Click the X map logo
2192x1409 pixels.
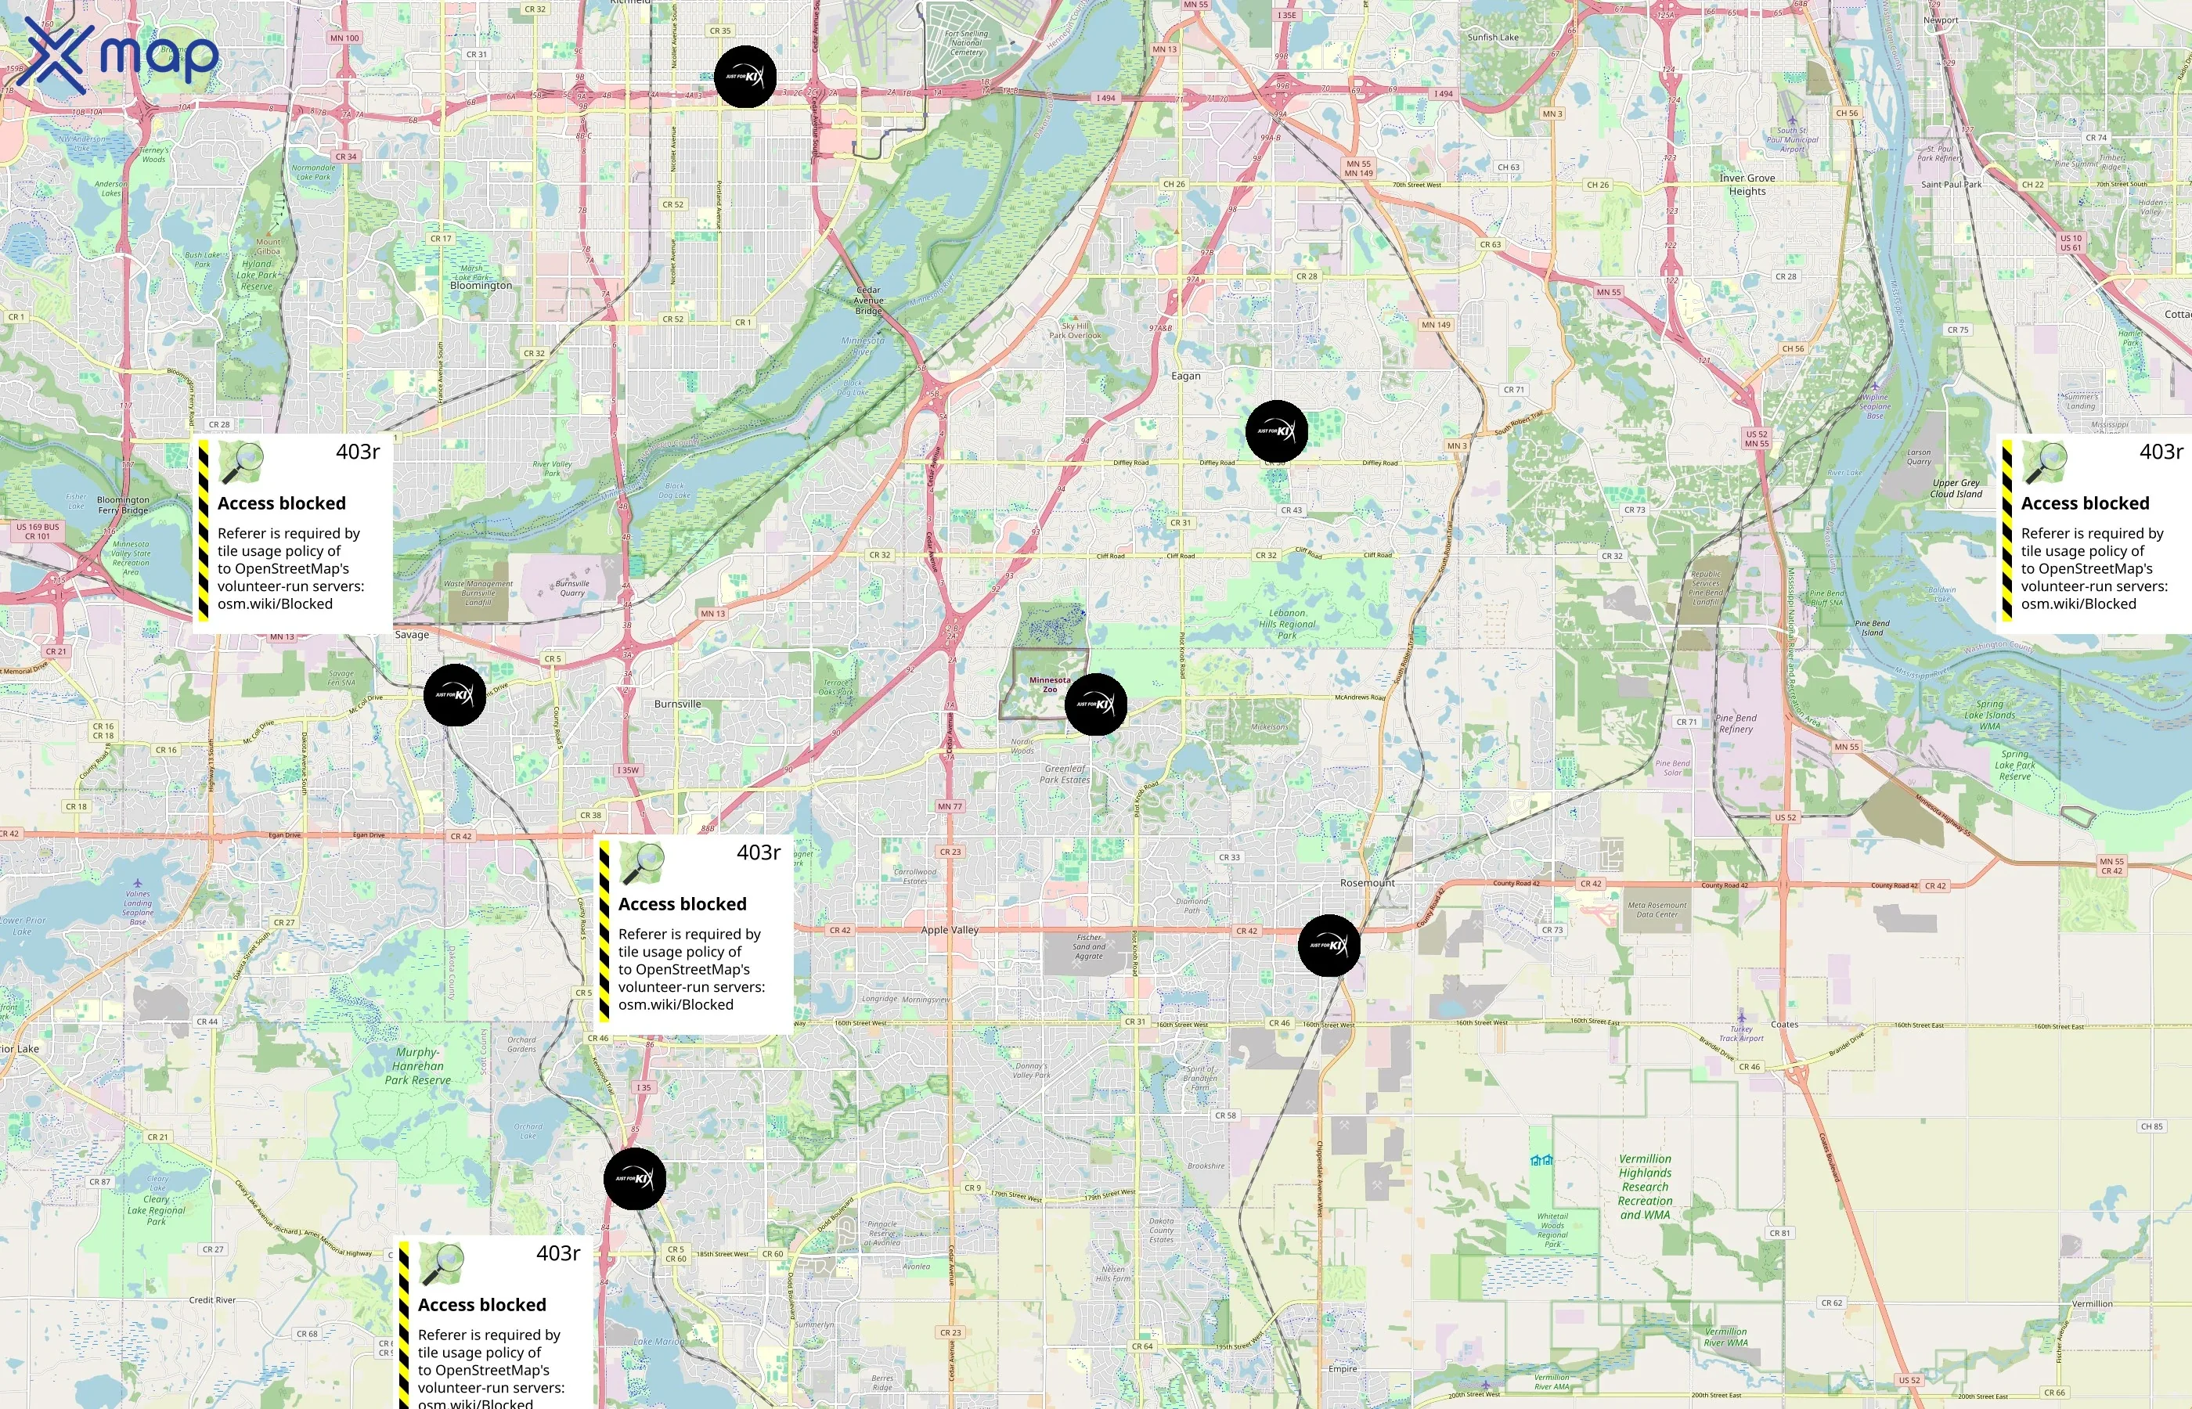[117, 56]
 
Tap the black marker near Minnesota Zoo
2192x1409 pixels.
[1095, 704]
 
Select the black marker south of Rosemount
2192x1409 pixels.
[1329, 945]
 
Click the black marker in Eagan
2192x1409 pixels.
[1276, 431]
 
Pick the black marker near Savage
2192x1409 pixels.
[455, 695]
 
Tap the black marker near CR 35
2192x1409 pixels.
[744, 77]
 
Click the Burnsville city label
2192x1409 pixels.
[677, 704]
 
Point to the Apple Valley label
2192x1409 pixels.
[949, 931]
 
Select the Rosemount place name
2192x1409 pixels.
[1367, 883]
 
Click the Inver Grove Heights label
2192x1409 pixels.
[1747, 185]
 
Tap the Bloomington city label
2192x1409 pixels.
[481, 286]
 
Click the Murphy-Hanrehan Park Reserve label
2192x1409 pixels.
[417, 1066]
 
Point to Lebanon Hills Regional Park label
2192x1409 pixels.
[1286, 624]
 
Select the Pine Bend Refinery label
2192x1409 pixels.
[1736, 724]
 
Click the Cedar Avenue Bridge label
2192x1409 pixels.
[868, 300]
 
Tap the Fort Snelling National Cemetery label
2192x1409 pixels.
[965, 43]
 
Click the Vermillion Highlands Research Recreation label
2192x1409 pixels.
[1644, 1187]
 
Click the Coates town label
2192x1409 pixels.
[1784, 1025]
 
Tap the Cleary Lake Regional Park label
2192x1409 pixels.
[156, 1209]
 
